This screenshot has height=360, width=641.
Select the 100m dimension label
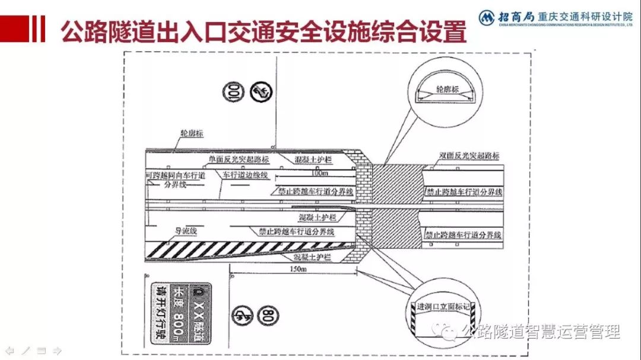(x=319, y=174)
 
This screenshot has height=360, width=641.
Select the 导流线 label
(x=185, y=231)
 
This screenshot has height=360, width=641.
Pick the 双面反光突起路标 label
(x=469, y=155)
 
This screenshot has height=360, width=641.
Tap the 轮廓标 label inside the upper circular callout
(x=448, y=90)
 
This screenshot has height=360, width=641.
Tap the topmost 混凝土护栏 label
(x=313, y=160)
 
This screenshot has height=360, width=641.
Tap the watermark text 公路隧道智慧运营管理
(x=540, y=332)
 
